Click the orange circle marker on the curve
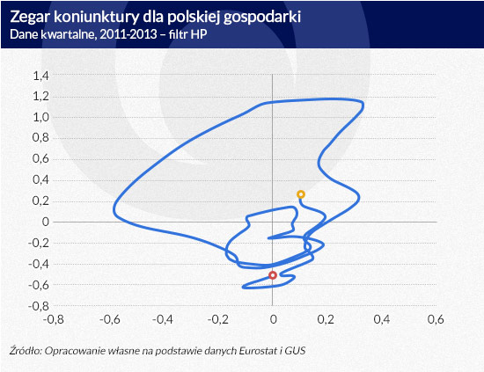point(301,194)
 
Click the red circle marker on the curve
point(272,275)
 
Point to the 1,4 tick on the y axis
point(41,76)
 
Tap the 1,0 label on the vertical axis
point(41,117)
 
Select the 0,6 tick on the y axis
point(41,159)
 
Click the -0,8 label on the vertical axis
point(39,306)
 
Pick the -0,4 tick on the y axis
point(39,264)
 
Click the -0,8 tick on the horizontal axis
point(54,319)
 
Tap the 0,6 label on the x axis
point(436,319)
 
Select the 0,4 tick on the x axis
point(382,319)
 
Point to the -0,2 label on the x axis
point(218,319)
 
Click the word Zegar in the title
point(30,18)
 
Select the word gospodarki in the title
point(261,18)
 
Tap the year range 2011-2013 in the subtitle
point(128,34)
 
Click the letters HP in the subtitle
point(199,34)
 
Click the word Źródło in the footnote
point(26,351)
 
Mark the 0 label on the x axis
point(273,319)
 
